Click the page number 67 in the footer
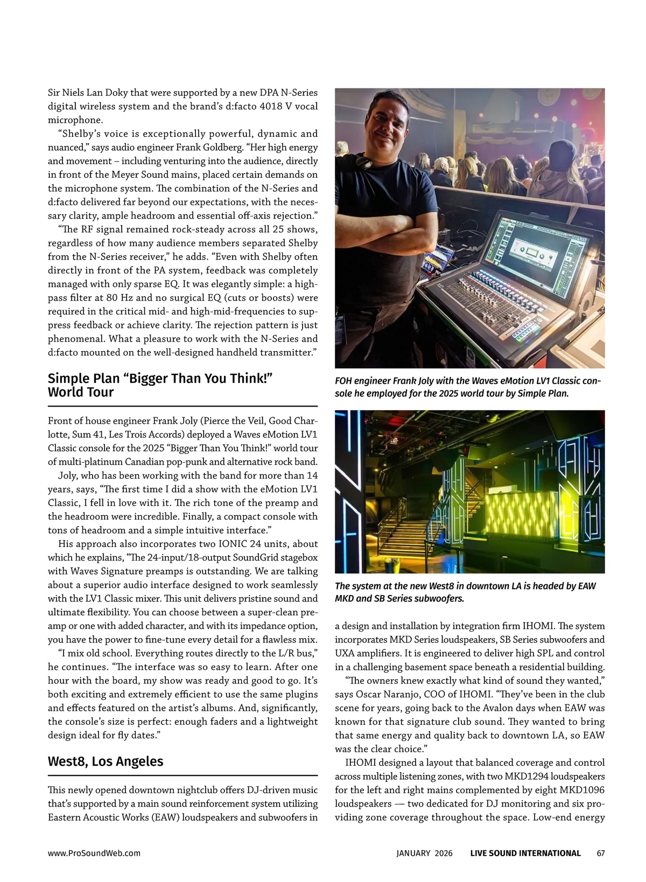tap(601, 853)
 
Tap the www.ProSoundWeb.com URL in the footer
tap(94, 853)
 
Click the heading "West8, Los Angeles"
tap(106, 761)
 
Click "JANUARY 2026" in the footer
tap(424, 853)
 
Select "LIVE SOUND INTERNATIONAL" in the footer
tap(525, 853)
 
